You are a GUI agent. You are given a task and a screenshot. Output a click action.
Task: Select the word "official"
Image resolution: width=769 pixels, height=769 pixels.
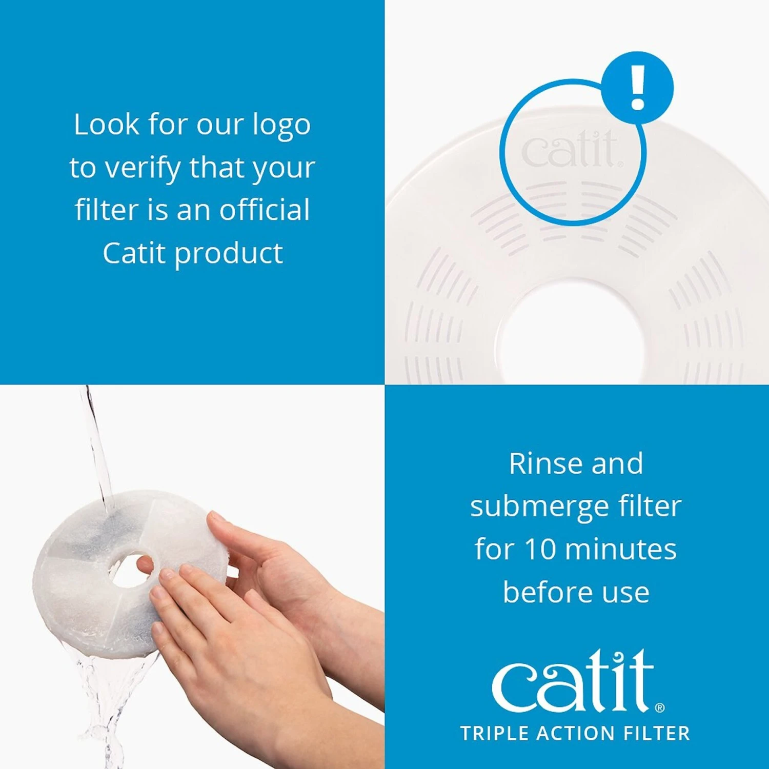pyautogui.click(x=265, y=210)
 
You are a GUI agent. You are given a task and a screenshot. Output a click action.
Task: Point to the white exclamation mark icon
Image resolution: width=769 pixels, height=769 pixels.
pyautogui.click(x=637, y=88)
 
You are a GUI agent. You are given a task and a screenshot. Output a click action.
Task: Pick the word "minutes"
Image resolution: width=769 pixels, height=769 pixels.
pyautogui.click(x=621, y=549)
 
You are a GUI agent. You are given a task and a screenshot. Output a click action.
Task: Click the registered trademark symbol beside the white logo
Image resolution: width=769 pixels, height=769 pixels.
pyautogui.click(x=660, y=708)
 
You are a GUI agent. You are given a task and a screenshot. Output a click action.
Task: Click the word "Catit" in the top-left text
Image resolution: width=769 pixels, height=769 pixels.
pyautogui.click(x=134, y=253)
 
